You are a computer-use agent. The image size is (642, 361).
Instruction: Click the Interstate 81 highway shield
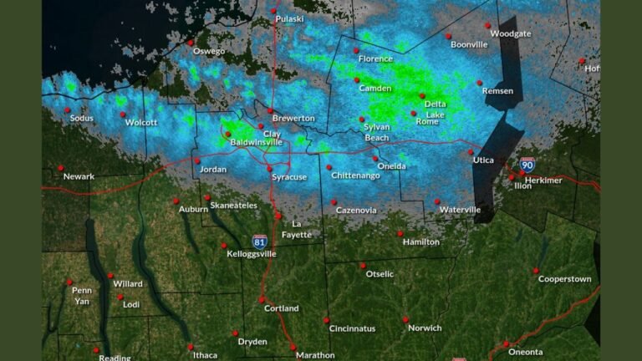[261, 241]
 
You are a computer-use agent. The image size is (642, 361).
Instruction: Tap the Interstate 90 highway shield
[527, 165]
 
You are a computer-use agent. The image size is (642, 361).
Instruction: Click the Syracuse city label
[289, 177]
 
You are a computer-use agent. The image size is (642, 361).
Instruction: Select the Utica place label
[483, 160]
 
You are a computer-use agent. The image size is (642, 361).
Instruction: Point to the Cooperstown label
[564, 279]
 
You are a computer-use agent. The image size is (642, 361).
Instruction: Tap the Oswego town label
[208, 52]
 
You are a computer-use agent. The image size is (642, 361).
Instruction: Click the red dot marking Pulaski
[273, 11]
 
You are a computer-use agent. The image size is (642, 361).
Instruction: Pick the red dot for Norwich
[405, 319]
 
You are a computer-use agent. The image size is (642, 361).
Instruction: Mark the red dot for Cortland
[262, 299]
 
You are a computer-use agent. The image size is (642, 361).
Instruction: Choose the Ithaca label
[205, 355]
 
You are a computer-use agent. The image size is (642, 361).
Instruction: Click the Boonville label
[468, 44]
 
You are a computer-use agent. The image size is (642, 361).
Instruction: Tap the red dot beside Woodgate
[488, 25]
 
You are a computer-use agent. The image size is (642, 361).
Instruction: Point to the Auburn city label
[193, 210]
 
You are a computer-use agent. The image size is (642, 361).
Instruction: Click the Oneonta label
[525, 352]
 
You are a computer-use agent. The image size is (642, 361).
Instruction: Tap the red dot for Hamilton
[400, 233]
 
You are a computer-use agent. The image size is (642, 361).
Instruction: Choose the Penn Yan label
[81, 296]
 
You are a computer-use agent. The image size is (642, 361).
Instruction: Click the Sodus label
[82, 119]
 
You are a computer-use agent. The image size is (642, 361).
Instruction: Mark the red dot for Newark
[61, 168]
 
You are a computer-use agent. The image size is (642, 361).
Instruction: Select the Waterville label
[460, 210]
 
